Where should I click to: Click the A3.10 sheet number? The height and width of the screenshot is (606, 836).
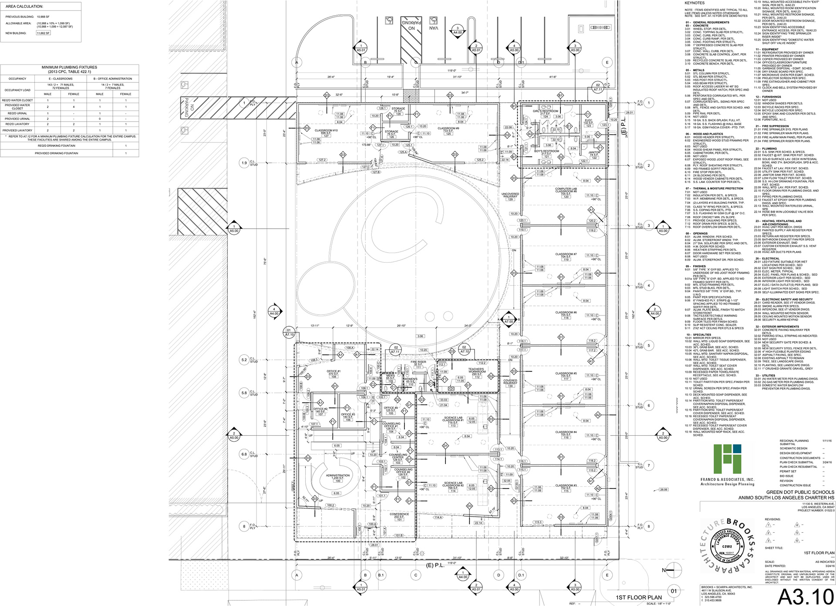(x=805, y=596)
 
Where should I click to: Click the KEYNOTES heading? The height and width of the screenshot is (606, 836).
(x=694, y=3)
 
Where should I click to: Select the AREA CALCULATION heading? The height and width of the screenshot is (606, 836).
(x=24, y=7)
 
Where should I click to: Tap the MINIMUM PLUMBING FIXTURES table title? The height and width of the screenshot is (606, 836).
(x=70, y=69)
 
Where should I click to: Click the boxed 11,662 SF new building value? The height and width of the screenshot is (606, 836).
(x=43, y=33)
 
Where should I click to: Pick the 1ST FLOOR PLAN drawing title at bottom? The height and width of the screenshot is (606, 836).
(x=639, y=597)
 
